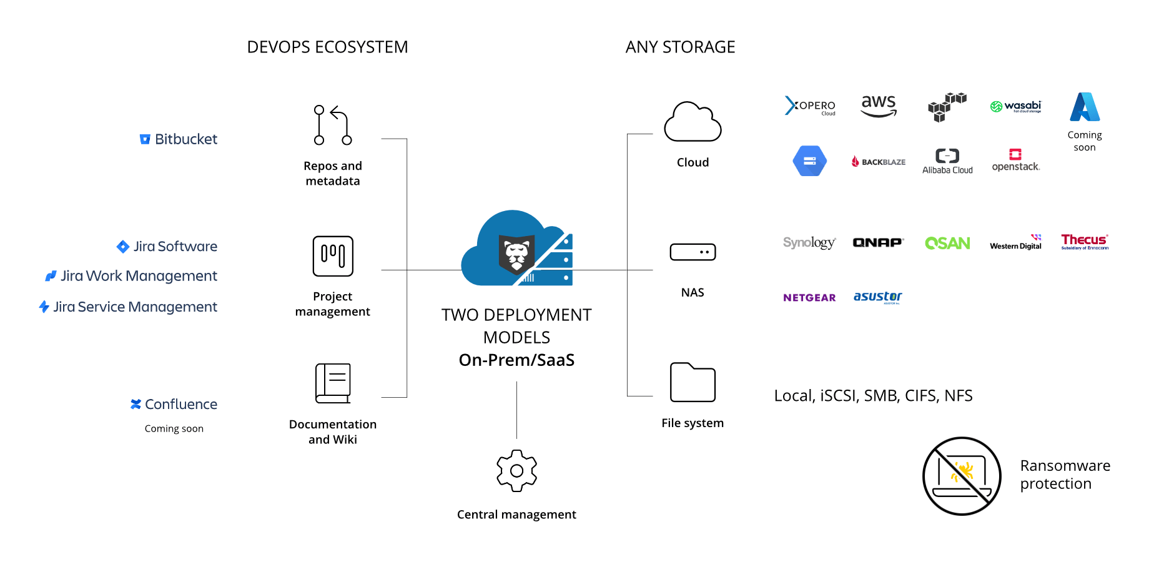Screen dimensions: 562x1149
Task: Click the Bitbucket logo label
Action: [x=179, y=139]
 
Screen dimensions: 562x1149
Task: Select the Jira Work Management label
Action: [x=132, y=276]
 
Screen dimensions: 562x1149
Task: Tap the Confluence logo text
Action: [x=174, y=405]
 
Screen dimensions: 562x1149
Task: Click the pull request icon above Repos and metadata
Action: [x=332, y=125]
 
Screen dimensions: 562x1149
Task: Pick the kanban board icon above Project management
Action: [x=333, y=256]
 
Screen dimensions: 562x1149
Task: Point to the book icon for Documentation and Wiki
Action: [x=333, y=383]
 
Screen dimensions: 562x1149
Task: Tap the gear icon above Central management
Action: [x=516, y=471]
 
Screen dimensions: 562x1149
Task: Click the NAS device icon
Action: [x=693, y=252]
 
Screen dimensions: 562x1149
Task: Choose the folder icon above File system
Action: [x=693, y=382]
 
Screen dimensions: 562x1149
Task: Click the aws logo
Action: [x=879, y=106]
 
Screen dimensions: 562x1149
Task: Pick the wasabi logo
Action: [x=1016, y=106]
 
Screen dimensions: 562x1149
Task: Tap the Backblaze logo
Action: [x=879, y=162]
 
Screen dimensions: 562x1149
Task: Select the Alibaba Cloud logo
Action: [x=947, y=161]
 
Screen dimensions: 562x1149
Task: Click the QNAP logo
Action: [x=877, y=242]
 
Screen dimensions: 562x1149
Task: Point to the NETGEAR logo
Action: [x=809, y=298]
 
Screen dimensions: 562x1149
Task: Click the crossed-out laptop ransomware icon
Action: [x=962, y=476]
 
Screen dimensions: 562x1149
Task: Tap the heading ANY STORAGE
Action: [x=680, y=47]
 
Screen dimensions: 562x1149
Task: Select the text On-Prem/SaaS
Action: [x=516, y=360]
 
